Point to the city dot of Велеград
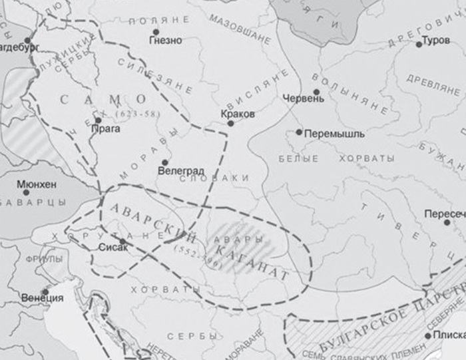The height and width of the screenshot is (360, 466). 164,162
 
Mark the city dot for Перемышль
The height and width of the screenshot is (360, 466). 300,132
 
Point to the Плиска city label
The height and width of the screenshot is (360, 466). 451,335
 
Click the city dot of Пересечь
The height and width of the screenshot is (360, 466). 447,222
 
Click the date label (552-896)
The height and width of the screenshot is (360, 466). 191,253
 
